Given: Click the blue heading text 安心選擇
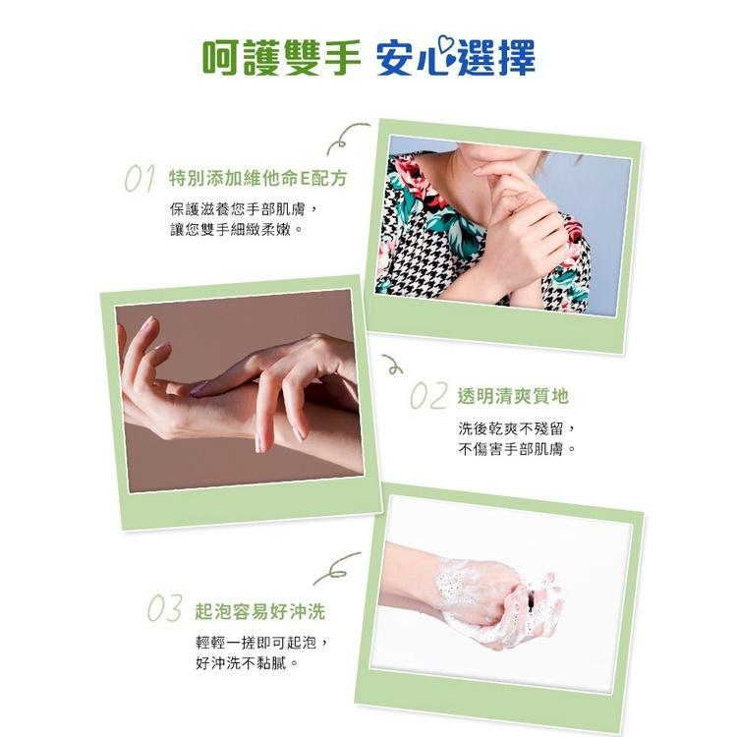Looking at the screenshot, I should coord(455,59).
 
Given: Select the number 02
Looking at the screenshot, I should coord(428,397).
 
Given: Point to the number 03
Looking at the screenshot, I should coord(164,610).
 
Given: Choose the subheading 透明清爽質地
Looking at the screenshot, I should coord(513,397).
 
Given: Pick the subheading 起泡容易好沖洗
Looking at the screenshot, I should coord(259,611).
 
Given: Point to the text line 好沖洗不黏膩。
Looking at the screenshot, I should coord(247,663).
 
